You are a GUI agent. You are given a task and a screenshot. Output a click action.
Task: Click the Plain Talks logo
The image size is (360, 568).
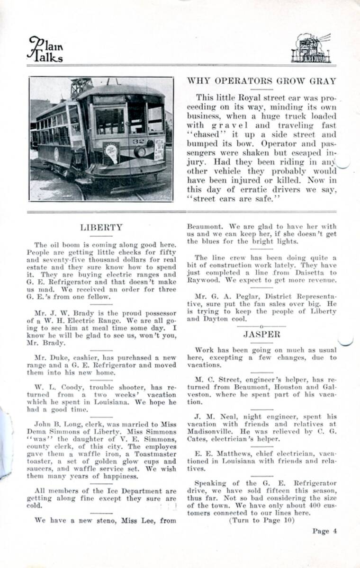(x=45, y=50)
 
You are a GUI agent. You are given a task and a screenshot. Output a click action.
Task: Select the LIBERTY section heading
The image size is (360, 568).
(x=101, y=227)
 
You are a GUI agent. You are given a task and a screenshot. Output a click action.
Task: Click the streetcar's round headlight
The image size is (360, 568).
(x=141, y=151)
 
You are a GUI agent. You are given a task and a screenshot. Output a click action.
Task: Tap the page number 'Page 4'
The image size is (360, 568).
(x=324, y=531)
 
